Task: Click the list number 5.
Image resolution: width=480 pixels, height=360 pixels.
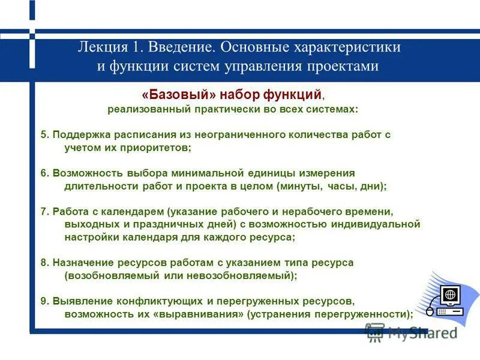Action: point(44,135)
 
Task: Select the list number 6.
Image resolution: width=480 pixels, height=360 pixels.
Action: point(44,173)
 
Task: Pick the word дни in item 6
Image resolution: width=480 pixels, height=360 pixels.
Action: point(373,186)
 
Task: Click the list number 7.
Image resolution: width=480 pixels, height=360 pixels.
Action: point(44,212)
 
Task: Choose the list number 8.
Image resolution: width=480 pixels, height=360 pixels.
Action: point(44,263)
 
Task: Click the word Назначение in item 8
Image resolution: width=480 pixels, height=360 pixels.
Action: point(82,263)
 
